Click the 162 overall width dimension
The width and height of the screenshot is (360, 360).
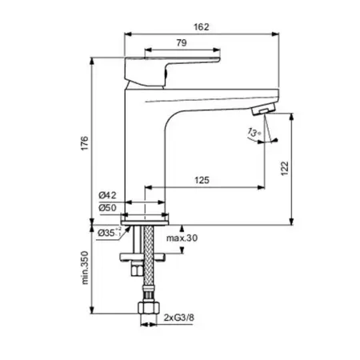click(x=202, y=27)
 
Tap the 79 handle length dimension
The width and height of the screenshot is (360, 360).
click(x=182, y=42)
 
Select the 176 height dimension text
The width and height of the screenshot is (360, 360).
click(x=85, y=143)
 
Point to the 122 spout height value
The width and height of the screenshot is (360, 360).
click(x=285, y=168)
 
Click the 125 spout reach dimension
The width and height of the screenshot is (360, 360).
click(x=202, y=180)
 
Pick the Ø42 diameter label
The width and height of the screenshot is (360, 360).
click(x=107, y=195)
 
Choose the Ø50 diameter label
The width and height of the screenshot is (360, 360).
click(x=107, y=208)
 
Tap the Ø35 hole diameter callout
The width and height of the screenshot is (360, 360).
click(x=110, y=233)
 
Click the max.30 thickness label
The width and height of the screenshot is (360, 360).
click(x=182, y=238)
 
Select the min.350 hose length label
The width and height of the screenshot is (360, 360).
click(x=85, y=267)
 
